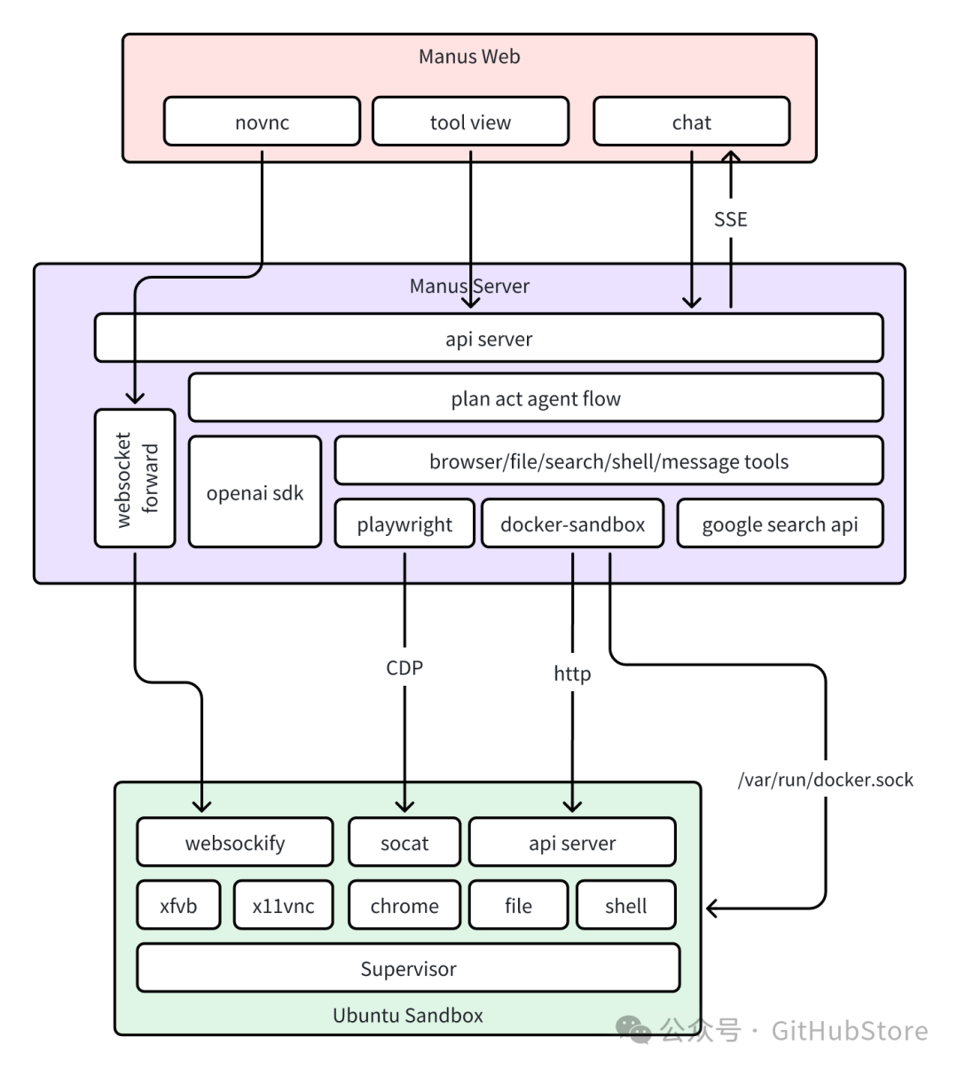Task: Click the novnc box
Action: pos(262,122)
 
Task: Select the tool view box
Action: pos(470,122)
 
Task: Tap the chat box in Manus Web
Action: pos(692,122)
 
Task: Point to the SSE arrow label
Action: pos(731,219)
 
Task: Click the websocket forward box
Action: pos(135,478)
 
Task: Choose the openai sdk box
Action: pos(255,491)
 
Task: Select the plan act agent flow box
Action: pos(536,397)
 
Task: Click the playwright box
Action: pos(404,523)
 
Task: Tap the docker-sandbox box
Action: pos(572,523)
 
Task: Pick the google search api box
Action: pos(781,523)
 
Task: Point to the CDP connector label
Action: pos(404,667)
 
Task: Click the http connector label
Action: pos(572,673)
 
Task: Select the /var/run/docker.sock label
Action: pos(826,779)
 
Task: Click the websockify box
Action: pos(235,842)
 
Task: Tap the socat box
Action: pos(404,842)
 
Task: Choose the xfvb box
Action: pos(178,905)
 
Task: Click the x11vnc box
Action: pos(283,905)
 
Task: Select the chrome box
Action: pos(404,905)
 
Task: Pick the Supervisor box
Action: pos(408,968)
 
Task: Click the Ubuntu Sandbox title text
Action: pos(408,1015)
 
